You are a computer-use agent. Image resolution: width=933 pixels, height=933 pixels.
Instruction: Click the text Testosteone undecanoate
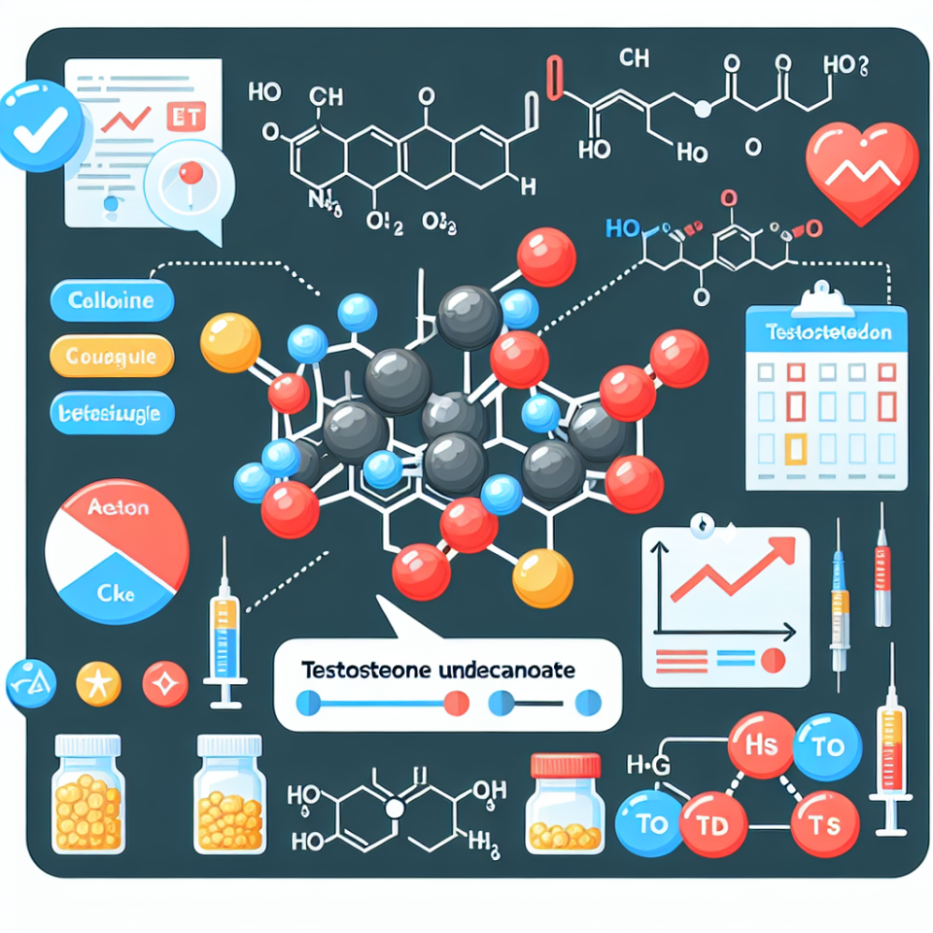(437, 671)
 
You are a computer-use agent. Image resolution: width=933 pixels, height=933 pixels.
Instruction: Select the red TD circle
(713, 825)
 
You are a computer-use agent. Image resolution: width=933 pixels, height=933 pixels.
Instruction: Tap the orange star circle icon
(98, 683)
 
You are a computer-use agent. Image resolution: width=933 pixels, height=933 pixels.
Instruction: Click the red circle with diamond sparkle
(165, 683)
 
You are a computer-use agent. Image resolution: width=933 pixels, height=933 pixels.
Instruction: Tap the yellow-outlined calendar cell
(796, 448)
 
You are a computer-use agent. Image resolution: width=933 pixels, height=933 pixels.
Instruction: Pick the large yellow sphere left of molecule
(230, 342)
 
